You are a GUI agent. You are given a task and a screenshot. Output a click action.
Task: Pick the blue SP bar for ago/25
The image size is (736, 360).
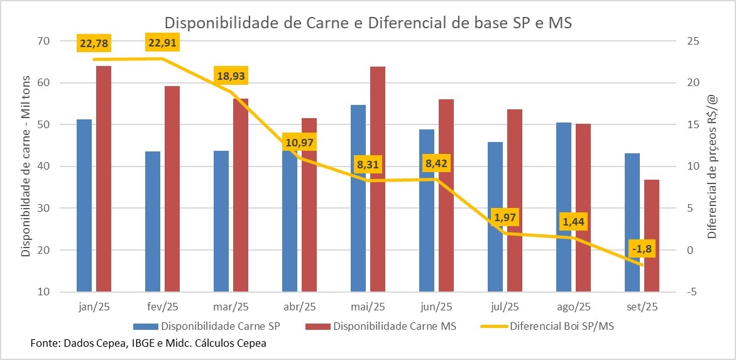point(564,207)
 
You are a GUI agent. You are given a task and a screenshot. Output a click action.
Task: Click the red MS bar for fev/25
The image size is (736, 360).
point(172,188)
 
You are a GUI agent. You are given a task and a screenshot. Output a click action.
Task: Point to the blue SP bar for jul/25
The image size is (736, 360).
point(495,217)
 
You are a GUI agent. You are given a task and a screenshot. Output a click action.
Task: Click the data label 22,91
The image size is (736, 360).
point(163,43)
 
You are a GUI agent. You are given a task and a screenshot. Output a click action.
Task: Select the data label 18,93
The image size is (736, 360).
point(231,77)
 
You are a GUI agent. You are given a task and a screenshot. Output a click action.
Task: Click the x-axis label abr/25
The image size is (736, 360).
point(299,307)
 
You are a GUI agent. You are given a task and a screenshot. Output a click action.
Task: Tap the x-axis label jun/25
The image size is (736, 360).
point(436,307)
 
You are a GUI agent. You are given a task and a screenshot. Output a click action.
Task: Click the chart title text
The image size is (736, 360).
point(368,23)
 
